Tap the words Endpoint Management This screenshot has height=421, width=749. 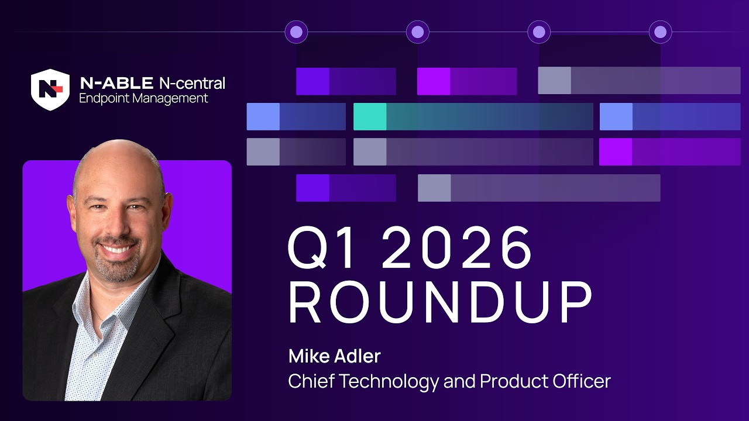coord(143,98)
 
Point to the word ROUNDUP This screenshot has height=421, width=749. coord(440,303)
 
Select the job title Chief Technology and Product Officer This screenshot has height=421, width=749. coord(449,381)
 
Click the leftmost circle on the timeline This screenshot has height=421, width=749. coord(296,32)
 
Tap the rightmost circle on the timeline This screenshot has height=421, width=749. coord(660,32)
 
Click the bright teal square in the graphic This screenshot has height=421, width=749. coord(370,116)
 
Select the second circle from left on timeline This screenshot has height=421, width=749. coord(417,32)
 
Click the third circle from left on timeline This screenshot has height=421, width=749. coord(539,32)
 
